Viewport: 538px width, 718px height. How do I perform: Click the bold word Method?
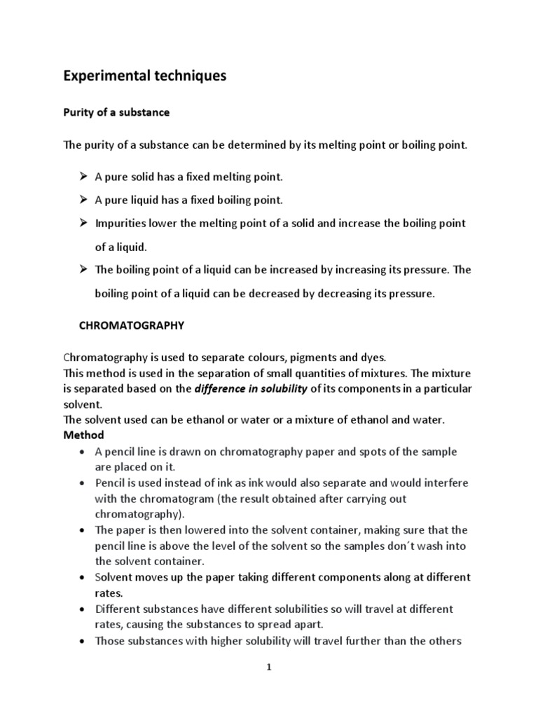click(x=83, y=435)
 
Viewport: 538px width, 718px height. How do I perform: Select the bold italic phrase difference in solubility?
click(x=250, y=389)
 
